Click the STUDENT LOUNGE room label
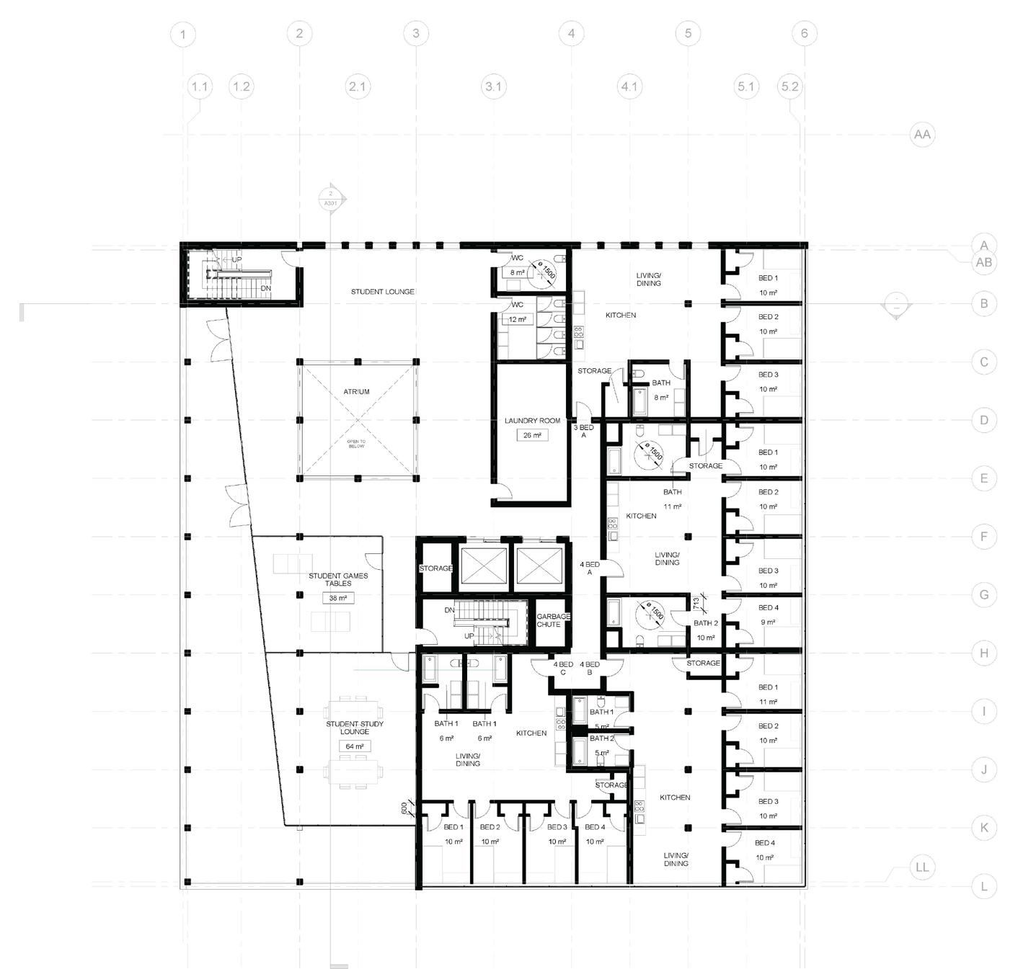382,292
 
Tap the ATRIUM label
356,392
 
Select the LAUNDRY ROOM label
532,421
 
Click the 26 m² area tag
532,435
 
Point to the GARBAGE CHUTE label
553,620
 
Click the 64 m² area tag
355,746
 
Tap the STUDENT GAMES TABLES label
338,579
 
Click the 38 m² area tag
338,598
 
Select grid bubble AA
921,134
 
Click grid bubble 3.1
493,86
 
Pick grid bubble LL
921,867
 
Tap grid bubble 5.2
789,86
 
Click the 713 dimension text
696,602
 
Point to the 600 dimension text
404,809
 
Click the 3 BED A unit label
583,432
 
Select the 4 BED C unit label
563,669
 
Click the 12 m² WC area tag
518,319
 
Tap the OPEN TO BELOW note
356,444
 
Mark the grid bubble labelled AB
983,262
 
